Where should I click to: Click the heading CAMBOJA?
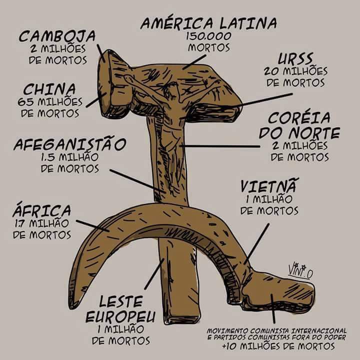57,36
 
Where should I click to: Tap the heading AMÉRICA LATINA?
208,23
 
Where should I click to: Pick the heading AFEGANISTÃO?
69,145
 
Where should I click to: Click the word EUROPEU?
120,317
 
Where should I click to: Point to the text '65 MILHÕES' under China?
50,102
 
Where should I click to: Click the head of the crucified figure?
173,90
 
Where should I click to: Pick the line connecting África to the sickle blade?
92,224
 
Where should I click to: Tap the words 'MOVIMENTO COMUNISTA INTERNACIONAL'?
277,330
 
